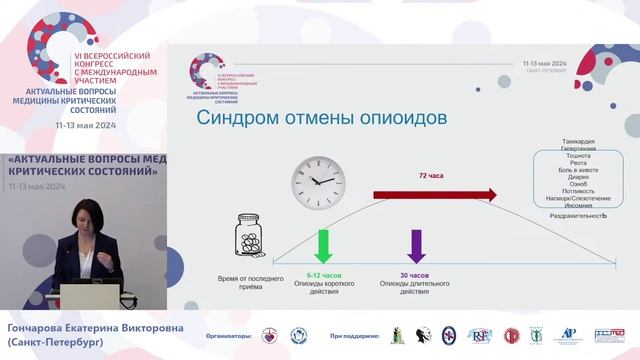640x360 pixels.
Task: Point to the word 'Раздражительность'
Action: tap(577, 216)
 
